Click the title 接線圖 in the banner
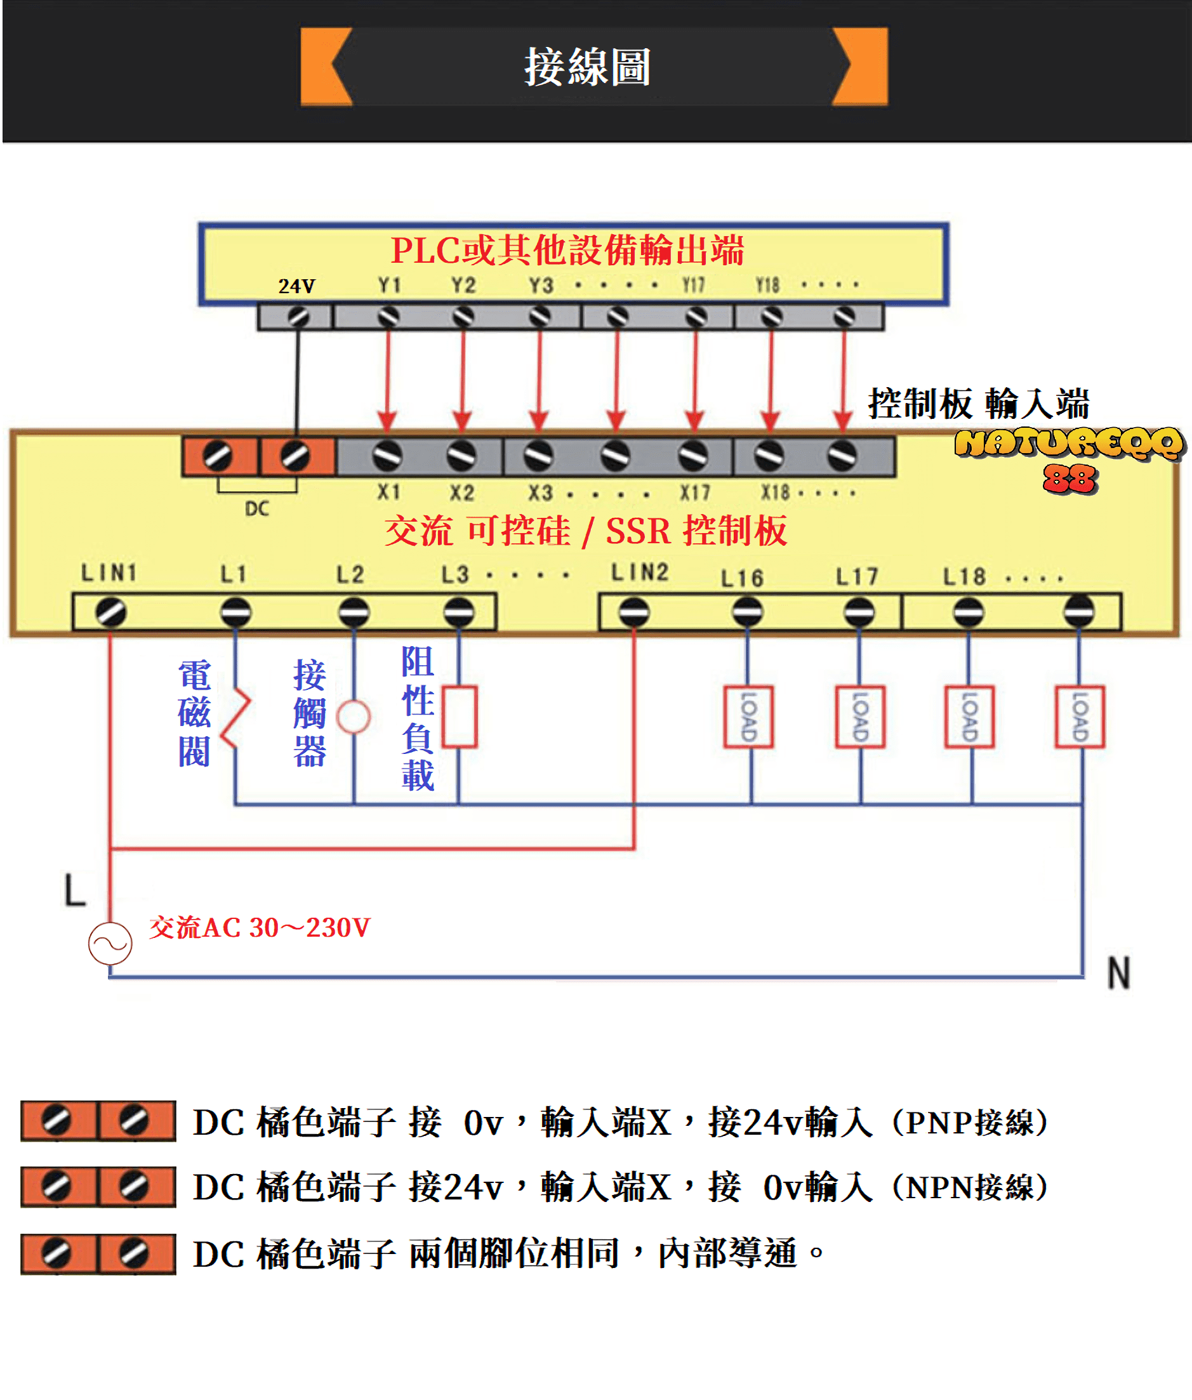(587, 67)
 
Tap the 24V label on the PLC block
(296, 286)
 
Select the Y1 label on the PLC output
(389, 285)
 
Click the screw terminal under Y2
(463, 316)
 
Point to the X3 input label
(541, 492)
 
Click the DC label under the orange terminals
(257, 508)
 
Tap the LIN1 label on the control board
(109, 573)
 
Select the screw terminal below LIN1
(111, 612)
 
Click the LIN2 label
(639, 572)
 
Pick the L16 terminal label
(742, 578)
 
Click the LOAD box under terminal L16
(749, 717)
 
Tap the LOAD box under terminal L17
(859, 717)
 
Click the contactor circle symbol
(354, 717)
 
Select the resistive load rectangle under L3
(460, 717)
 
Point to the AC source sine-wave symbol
(110, 943)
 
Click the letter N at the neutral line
(1118, 973)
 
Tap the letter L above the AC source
(75, 890)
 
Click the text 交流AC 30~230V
(260, 928)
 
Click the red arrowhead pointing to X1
(387, 420)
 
